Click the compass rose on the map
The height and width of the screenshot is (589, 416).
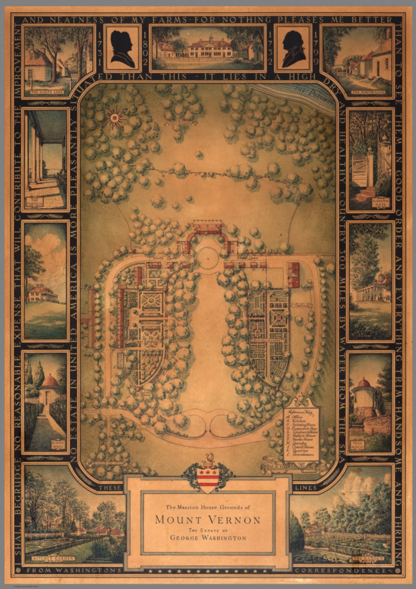point(114,118)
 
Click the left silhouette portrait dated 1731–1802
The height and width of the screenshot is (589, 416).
point(123,48)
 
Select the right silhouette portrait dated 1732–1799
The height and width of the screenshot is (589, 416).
point(294,48)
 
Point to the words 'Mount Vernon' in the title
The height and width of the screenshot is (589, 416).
point(207,520)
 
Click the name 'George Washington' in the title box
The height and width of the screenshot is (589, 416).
point(208,538)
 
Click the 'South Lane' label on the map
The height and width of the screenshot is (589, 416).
point(247,259)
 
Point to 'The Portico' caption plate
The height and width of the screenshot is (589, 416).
point(35,202)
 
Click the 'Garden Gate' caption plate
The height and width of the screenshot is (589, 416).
point(381,202)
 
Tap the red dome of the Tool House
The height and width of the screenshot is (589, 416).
point(363,382)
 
